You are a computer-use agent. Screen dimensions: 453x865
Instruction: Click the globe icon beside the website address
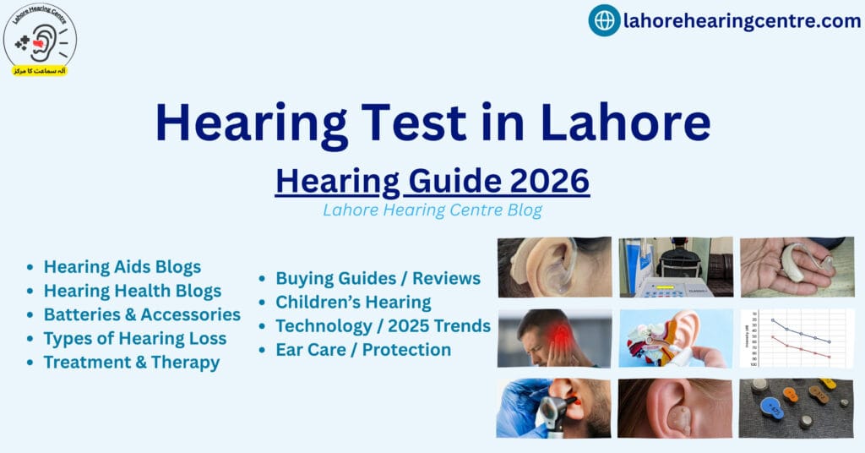point(604,20)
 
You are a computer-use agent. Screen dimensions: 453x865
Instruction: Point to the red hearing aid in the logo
point(39,43)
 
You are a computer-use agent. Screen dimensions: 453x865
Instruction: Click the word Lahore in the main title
point(625,122)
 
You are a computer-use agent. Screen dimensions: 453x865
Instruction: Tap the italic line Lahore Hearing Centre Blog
point(432,210)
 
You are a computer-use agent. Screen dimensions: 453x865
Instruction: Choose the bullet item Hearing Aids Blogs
point(122,267)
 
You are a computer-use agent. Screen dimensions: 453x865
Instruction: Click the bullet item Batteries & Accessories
point(142,314)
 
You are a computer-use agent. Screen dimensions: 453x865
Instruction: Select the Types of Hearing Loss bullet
point(135,338)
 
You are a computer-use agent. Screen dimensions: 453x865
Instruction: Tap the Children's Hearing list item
point(353,302)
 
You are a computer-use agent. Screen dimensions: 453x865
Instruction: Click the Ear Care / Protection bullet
point(363,349)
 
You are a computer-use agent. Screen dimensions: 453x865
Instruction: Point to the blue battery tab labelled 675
point(771,409)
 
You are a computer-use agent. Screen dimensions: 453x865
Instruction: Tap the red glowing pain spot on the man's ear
point(559,333)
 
